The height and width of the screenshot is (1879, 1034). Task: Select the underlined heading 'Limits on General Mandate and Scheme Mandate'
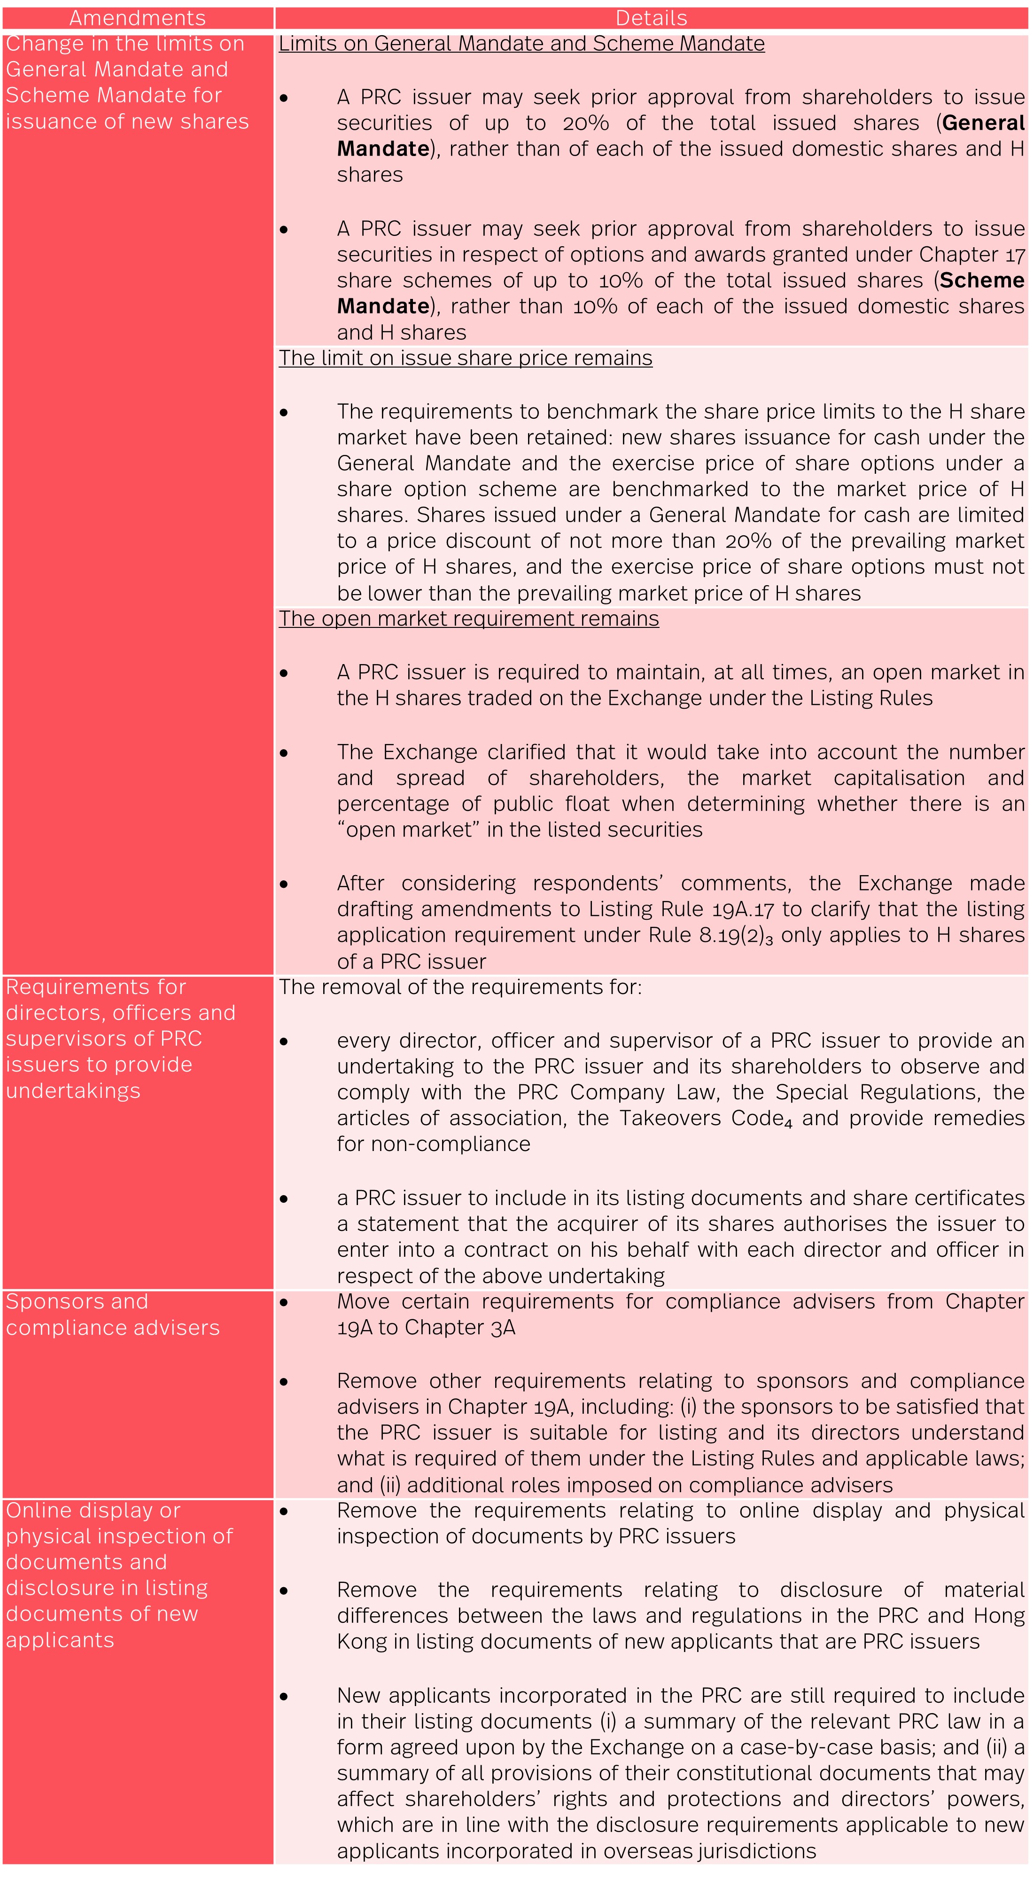521,44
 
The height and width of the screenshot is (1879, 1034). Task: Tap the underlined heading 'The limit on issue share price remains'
465,358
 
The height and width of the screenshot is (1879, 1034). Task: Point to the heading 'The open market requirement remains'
469,619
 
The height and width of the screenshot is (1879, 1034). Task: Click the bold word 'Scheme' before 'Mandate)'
981,281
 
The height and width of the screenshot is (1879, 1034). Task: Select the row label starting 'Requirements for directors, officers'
120,1039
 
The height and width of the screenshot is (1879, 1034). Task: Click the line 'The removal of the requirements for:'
460,987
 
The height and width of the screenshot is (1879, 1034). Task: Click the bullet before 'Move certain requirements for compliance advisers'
284,1302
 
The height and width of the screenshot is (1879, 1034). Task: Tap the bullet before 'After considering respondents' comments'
284,884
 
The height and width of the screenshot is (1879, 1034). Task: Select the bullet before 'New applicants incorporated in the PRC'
284,1697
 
